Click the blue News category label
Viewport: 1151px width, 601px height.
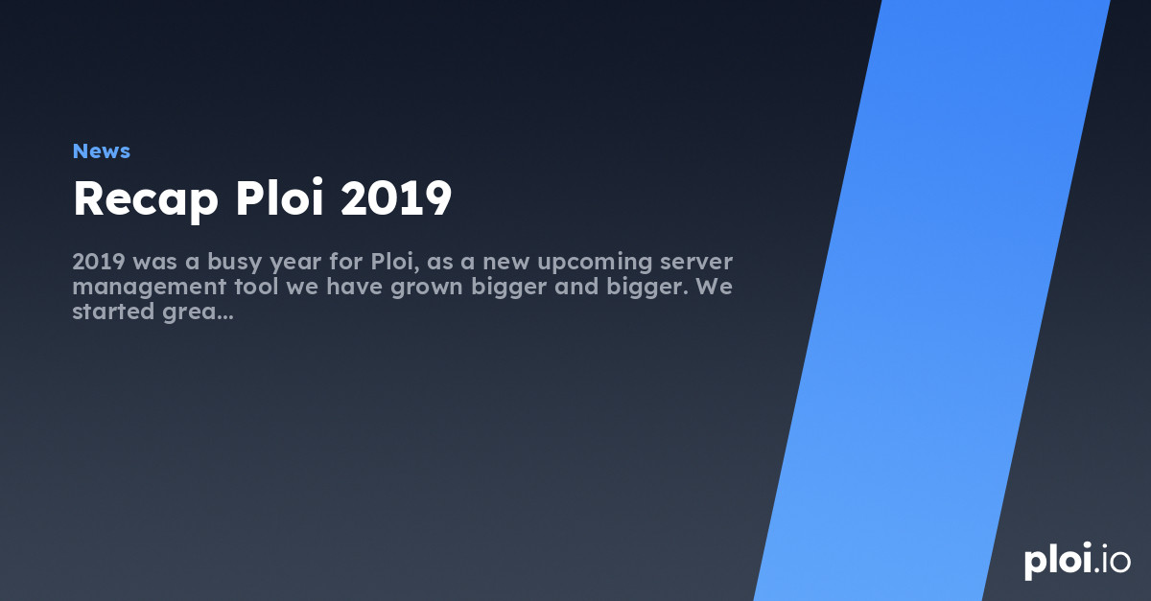pos(101,150)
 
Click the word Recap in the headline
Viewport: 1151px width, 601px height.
pos(145,199)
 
